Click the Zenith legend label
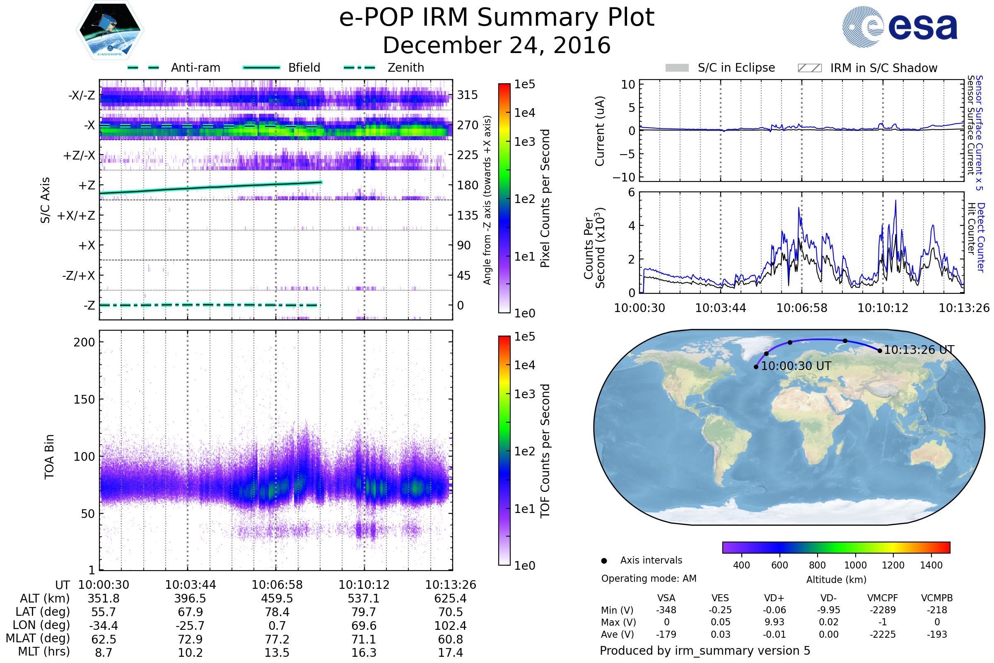405,68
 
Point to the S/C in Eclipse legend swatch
677,68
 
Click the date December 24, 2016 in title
497,45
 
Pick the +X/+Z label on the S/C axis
76,215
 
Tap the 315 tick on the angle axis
467,95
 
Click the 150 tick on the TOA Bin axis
84,399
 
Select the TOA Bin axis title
49,457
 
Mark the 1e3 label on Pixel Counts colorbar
524,142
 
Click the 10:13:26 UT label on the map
919,350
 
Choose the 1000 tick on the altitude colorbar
855,565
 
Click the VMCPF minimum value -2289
883,610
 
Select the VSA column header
666,598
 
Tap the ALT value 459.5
277,599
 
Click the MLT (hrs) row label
43,651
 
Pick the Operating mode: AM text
649,578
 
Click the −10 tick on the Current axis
623,177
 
